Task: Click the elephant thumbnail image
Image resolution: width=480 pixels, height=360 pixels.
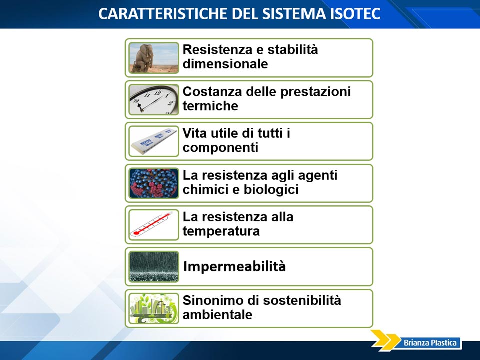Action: tap(154, 58)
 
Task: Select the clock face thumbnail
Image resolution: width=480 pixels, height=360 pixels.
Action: tap(154, 100)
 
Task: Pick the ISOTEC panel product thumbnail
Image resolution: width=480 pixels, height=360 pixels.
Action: tap(154, 141)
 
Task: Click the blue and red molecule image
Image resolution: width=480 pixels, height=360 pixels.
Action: tap(154, 183)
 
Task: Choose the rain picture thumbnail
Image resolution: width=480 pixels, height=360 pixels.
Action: tap(154, 267)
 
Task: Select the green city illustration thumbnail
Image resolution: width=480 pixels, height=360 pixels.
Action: tap(154, 308)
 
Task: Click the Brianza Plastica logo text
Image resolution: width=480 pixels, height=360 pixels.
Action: tap(430, 343)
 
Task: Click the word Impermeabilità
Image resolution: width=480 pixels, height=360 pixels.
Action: tap(235, 267)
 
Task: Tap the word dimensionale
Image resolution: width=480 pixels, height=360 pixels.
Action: tap(225, 64)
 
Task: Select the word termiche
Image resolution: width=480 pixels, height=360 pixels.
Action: tap(210, 106)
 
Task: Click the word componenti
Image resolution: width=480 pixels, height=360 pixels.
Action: tap(220, 148)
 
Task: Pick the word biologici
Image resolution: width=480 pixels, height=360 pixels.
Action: tap(271, 190)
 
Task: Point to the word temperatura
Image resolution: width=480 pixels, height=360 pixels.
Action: tap(221, 231)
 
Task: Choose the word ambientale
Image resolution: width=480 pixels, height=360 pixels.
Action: tap(217, 315)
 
